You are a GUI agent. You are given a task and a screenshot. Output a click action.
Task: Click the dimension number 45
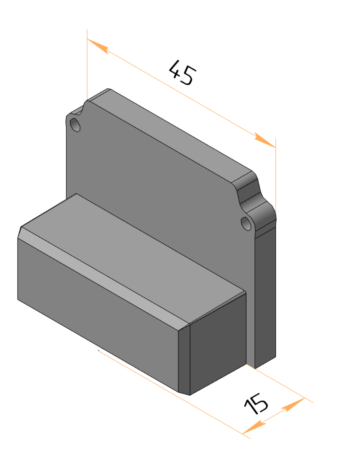183,72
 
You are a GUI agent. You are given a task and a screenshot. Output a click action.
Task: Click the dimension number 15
256,403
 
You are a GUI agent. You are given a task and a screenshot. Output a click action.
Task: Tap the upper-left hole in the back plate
75,125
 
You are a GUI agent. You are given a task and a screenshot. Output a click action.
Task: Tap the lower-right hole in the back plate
246,223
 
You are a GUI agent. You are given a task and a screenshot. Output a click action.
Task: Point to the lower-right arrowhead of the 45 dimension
265,140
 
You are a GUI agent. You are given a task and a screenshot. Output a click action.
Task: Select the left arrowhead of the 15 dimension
254,427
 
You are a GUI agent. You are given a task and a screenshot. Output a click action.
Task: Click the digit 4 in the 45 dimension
175,69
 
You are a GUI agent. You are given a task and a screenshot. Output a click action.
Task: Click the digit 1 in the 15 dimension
249,407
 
